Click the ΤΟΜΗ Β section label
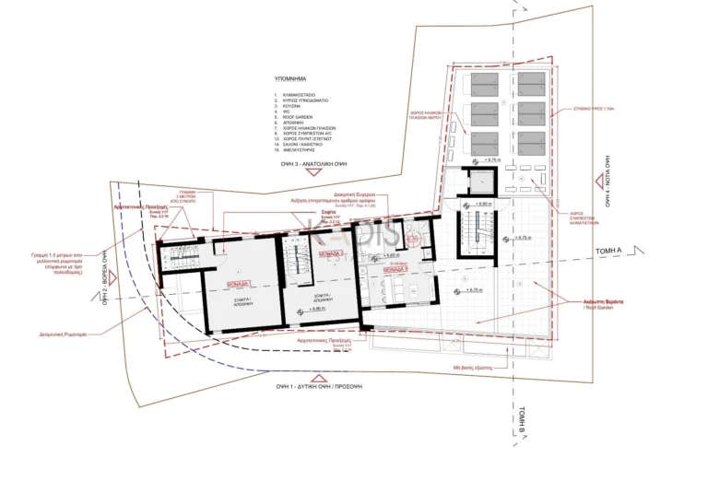519,424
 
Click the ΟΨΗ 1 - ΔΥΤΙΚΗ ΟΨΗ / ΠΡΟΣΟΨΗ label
324,388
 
